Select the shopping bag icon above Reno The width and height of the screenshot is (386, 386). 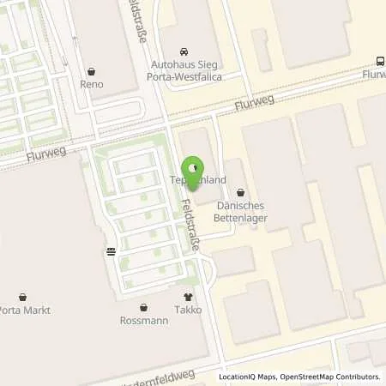[92, 71]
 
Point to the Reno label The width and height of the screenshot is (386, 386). [92, 85]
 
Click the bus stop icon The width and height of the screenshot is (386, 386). [380, 60]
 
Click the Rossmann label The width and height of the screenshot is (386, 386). [142, 322]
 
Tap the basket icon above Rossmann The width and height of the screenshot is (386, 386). [142, 307]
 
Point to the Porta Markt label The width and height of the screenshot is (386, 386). [21, 310]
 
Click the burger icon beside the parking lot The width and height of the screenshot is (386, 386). [111, 252]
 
